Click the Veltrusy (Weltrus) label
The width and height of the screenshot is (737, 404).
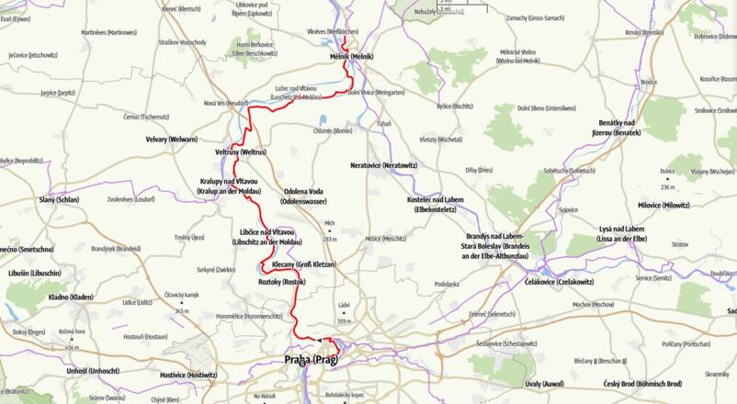coord(240,151)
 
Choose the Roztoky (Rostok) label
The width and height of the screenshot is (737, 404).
coord(281,282)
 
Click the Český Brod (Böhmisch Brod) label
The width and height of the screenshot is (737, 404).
coord(641,383)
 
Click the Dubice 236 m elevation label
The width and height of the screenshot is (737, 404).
coord(667,178)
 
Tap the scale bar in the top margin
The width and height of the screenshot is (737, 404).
coord(464,5)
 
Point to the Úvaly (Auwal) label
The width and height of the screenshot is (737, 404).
coord(545,383)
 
